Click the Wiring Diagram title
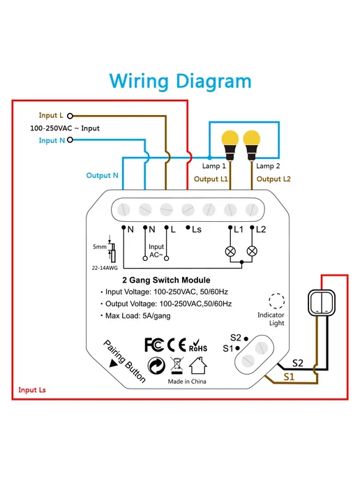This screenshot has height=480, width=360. coord(180,82)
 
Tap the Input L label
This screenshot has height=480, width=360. coord(51,115)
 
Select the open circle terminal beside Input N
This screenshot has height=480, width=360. coord(70,140)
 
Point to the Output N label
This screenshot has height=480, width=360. coord(103,175)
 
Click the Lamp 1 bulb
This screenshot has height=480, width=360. coord(230,145)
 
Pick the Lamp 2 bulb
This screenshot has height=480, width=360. coord(252,145)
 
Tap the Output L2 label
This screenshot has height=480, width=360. coord(273,179)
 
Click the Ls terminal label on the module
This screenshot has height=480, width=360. coord(197,230)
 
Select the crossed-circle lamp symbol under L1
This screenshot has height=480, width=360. coord(230,251)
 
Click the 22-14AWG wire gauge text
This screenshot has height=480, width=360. coord(105,268)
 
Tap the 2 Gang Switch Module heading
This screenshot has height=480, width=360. coord(166,280)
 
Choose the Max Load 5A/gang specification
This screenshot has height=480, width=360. coord(137,315)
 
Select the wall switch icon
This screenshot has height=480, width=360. coord(322,303)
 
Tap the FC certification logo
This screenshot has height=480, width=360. coord(154,345)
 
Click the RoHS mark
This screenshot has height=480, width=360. coord(197,346)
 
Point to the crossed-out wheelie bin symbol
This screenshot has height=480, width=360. coord(177,366)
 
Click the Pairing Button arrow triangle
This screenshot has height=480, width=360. coord(114,363)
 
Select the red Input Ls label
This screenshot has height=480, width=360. coord(32,390)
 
